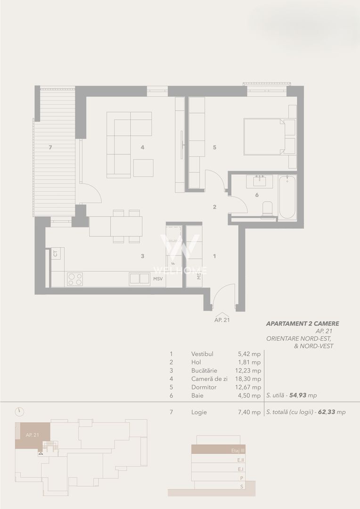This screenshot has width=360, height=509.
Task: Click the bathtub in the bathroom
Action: coord(286,197)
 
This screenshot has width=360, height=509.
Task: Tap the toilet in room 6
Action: coord(268,209)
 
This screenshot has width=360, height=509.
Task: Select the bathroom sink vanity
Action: coord(260,181)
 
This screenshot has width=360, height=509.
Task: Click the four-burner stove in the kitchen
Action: coord(75,279)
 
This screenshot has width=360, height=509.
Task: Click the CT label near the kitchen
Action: coord(56,254)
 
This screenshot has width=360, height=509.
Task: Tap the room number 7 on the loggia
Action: coord(50,148)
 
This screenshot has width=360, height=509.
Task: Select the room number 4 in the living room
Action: coord(142,148)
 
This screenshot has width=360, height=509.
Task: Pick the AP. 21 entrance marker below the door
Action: coord(221,319)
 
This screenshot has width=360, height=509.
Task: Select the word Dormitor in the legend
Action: coord(204,387)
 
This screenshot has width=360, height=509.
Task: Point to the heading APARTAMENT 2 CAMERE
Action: coord(303,324)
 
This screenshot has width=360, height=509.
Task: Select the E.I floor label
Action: coord(241,469)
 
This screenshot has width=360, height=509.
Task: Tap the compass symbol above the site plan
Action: coord(19,411)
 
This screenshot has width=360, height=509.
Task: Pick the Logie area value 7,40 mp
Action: coord(249,412)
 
